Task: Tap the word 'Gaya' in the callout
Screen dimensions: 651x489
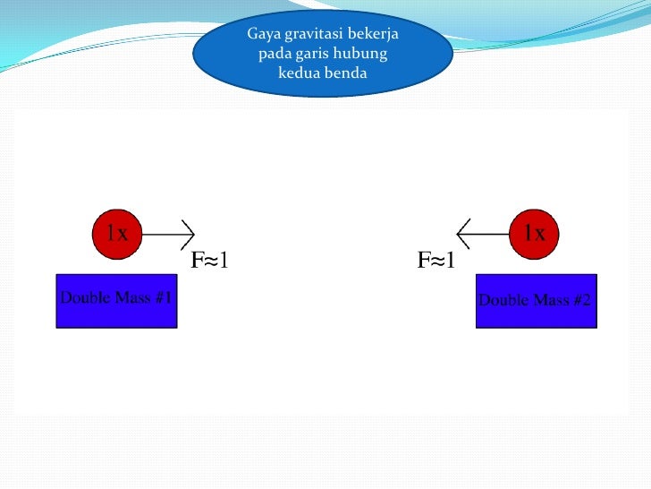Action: point(263,34)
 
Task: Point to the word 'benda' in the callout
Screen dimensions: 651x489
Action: point(347,73)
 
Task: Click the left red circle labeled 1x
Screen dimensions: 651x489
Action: point(117,235)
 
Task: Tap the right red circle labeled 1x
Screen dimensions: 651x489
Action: point(534,235)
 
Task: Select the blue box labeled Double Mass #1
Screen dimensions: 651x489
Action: point(116,300)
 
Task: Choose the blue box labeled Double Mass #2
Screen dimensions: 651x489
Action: point(535,300)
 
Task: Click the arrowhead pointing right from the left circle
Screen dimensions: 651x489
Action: point(189,235)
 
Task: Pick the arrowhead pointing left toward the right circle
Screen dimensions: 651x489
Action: point(463,235)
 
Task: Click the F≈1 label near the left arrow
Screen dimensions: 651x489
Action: point(210,261)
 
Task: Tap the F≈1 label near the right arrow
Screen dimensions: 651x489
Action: point(437,261)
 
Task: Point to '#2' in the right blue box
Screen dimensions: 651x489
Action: point(580,300)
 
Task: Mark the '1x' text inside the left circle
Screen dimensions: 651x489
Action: point(117,234)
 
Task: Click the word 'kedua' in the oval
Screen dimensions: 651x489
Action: point(299,73)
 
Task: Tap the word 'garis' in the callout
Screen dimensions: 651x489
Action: point(317,54)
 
